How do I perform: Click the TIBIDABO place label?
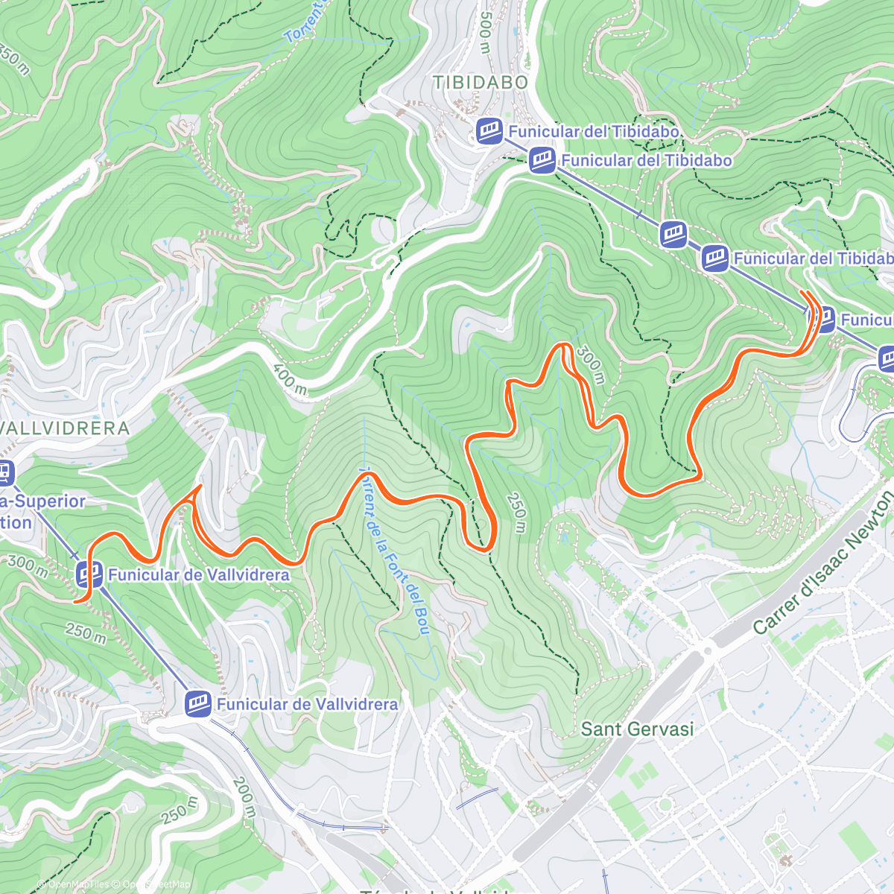click(481, 83)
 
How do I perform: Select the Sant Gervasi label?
click(637, 729)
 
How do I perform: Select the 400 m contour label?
click(290, 379)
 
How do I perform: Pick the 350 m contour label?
click(15, 61)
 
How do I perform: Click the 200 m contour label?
click(243, 797)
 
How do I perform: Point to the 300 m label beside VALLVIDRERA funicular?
click(28, 567)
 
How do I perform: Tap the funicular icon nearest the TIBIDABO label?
click(489, 131)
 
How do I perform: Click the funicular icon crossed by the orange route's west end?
click(89, 574)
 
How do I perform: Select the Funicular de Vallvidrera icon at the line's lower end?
click(198, 704)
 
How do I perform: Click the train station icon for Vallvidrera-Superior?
click(5, 472)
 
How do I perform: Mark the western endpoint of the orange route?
click(75, 600)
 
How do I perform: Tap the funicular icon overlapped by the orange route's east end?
click(821, 320)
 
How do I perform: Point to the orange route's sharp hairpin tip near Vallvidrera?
click(200, 486)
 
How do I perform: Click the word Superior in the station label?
click(51, 501)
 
